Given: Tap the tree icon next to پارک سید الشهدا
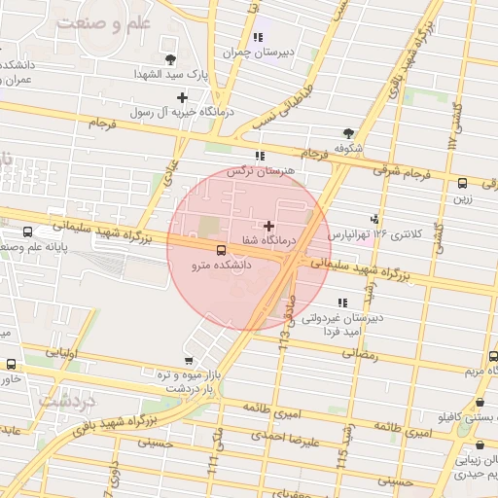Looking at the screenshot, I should point(171,59).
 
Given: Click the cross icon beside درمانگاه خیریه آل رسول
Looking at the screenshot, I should point(182,97).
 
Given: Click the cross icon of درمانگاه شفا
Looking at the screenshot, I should point(269,226).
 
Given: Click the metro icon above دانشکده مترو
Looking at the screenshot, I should point(220,249).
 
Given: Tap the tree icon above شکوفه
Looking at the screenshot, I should point(348,133).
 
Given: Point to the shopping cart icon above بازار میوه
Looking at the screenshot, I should point(188,361).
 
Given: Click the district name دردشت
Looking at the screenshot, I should point(66,399).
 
